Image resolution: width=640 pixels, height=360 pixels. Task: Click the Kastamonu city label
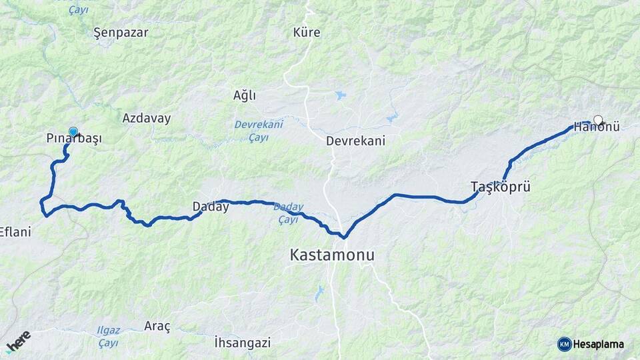point(332,255)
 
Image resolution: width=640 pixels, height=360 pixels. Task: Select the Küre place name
point(307,32)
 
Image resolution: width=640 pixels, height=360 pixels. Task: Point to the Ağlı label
point(245,95)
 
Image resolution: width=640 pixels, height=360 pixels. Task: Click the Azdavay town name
point(147,118)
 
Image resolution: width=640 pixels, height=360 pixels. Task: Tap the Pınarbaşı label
point(74,139)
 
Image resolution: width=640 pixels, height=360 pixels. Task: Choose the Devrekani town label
point(355,141)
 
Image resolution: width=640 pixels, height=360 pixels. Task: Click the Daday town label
point(211,207)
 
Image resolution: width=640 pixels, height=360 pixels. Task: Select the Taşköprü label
point(500,187)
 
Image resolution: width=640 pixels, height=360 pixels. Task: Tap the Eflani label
point(15,232)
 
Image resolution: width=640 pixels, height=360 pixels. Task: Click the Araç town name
point(157,326)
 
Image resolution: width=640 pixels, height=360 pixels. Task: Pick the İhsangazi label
point(243,343)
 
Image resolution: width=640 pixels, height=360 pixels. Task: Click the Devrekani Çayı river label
point(259,131)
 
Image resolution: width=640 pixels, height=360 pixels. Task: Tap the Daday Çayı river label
point(289,213)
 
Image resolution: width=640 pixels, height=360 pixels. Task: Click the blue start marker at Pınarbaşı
point(73,132)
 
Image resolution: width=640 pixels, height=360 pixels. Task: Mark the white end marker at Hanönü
point(598,121)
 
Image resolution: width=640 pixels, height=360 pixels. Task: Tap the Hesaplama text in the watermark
point(599,344)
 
